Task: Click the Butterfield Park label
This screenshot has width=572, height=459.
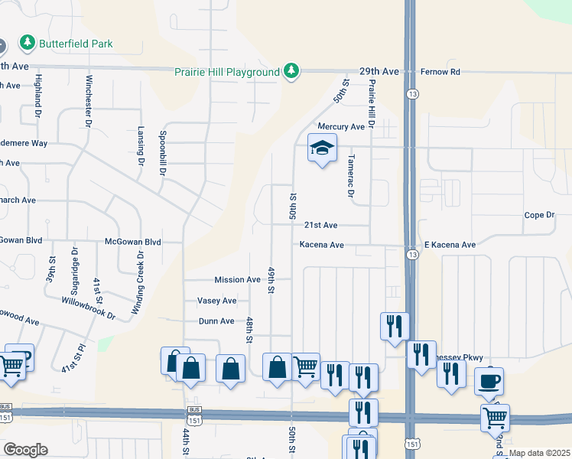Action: coord(76,44)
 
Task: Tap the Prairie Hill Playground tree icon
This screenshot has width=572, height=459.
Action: coord(291,71)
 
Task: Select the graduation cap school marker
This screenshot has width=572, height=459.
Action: coord(322,148)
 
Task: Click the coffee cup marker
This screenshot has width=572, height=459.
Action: coord(489,381)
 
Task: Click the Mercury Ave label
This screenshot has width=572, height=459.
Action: coord(342,126)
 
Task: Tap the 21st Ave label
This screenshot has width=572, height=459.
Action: coord(320,226)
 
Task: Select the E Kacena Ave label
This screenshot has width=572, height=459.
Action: coord(450,245)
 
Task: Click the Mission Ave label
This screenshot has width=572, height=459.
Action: coord(237,280)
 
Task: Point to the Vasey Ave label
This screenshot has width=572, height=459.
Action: coord(216,301)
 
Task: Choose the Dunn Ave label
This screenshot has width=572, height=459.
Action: coord(216,321)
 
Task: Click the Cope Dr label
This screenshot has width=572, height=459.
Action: coord(539,215)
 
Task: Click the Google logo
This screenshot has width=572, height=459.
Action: coord(24,450)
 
